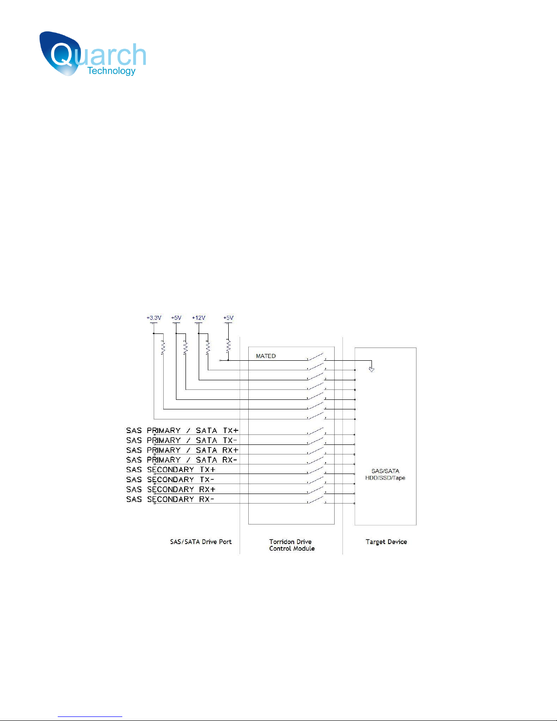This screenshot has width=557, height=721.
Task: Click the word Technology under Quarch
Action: pos(111,71)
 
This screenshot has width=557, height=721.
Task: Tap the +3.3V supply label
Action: pos(154,318)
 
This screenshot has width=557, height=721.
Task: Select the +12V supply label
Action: pos(199,318)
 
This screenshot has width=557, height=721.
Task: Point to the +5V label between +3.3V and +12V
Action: pos(176,318)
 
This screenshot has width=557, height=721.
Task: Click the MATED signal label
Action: pos(266,356)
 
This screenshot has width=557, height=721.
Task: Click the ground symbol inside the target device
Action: pos(371,369)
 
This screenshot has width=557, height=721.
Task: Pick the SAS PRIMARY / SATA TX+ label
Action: pos(182,430)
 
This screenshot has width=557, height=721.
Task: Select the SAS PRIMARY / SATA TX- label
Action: pos(182,440)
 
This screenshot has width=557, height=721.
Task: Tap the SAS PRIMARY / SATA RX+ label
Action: pos(182,450)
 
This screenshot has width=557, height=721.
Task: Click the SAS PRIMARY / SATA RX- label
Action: pos(182,460)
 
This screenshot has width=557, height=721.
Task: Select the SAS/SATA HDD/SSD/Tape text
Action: pos(385,474)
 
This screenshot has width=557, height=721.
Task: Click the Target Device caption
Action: pos(386,542)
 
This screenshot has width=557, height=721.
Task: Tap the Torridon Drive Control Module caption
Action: pos(291,545)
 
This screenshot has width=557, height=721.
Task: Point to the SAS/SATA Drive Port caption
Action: pos(201,542)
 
